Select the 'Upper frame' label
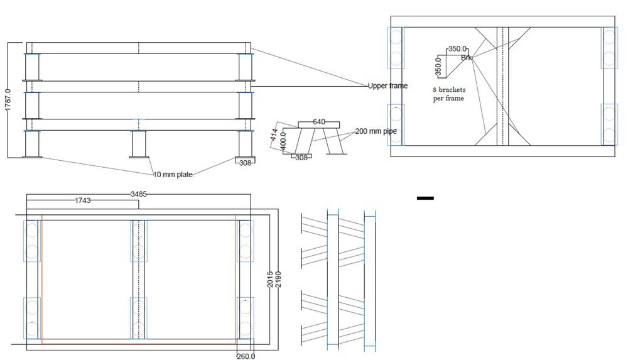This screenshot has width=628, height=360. point(388,85)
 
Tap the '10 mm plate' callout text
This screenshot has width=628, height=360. point(173,175)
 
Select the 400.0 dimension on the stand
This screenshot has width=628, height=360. point(283,139)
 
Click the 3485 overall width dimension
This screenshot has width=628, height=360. point(138,194)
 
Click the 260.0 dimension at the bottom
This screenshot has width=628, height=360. point(245,356)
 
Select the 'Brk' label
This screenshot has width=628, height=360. point(466,58)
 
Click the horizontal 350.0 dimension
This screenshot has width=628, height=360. point(458,48)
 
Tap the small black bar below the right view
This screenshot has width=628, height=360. point(425,199)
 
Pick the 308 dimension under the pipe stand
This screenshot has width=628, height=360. point(301,158)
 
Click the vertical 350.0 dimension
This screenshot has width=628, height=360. point(438,65)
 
